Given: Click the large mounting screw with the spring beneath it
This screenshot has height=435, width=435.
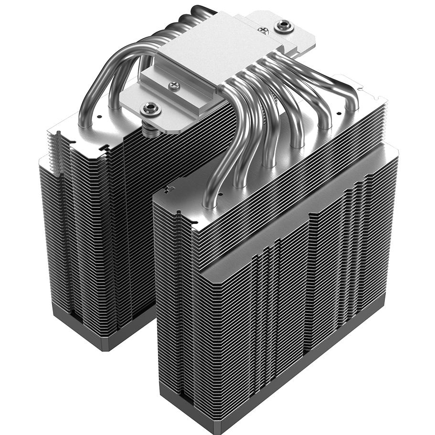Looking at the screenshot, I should pyautogui.click(x=151, y=109).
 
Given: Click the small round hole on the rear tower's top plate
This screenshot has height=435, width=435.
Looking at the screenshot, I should pyautogui.click(x=98, y=116).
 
